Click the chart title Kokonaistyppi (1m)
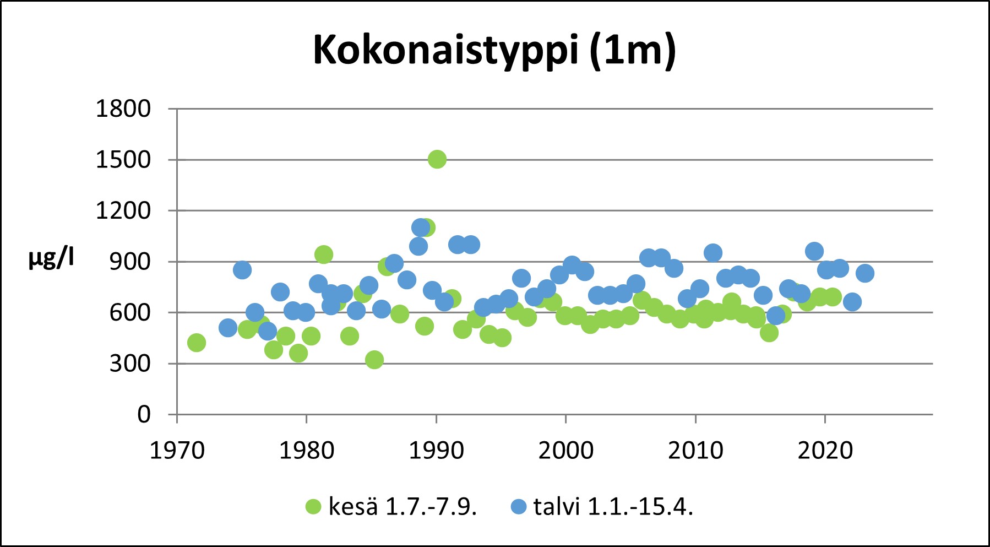tap(494, 50)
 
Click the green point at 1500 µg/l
tap(437, 159)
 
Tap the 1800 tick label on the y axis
tap(123, 109)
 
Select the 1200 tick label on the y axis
tap(123, 210)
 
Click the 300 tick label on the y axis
tap(130, 364)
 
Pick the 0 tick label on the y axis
tap(144, 414)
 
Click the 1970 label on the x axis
tap(177, 451)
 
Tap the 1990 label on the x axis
tap(436, 451)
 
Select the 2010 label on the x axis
tap(695, 451)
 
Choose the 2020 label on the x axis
tap(825, 451)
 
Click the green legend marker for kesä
tap(313, 507)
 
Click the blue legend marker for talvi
tap(519, 507)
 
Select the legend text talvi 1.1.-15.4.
tap(613, 507)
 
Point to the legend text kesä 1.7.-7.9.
tap(402, 507)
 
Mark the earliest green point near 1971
tap(197, 343)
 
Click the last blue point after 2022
tap(865, 273)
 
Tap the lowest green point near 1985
tap(374, 360)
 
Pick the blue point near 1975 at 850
tap(242, 270)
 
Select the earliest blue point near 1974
tap(228, 328)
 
